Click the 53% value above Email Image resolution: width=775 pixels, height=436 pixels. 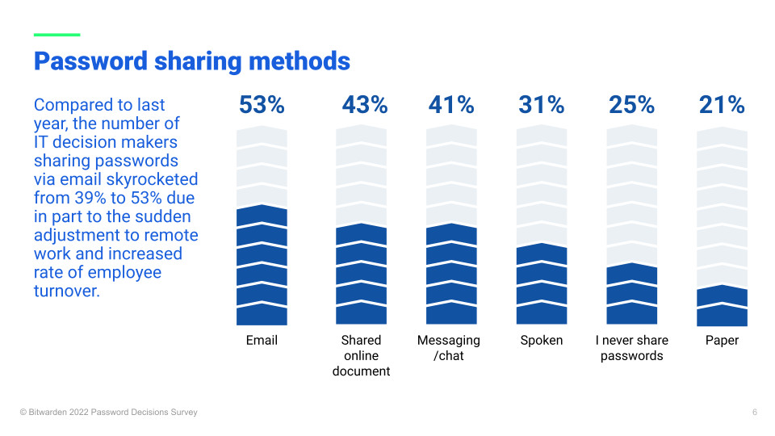coord(262,105)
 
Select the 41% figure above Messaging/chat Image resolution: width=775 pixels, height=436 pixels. coord(451,105)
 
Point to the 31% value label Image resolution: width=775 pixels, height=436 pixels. coord(542,105)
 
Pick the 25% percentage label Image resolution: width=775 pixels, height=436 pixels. coord(632,105)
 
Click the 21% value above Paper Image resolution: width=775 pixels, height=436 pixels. coord(723,105)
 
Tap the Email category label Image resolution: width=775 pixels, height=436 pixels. coord(262,341)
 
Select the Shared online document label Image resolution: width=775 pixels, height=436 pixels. coord(361,356)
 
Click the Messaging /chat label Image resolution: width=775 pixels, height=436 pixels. coord(449,348)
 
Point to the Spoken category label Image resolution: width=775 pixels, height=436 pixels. coord(542,341)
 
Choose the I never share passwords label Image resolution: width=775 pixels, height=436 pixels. coord(632,348)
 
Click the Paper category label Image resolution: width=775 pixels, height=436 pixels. coord(723,341)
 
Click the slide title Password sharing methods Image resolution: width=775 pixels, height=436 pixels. coord(192,61)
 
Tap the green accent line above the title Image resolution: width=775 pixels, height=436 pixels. coord(57,35)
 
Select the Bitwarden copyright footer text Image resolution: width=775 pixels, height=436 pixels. coord(108,413)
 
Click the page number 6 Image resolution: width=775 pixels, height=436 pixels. coord(755,413)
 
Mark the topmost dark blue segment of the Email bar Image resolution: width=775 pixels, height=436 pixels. coord(262,216)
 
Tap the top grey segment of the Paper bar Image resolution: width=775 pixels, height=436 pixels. coord(723,138)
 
